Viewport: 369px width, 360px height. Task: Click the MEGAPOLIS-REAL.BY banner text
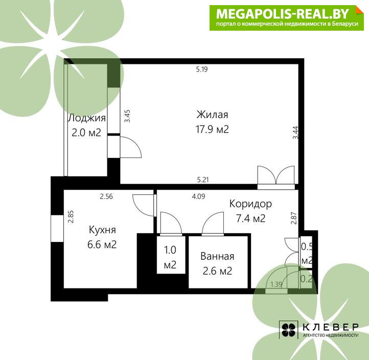click(x=282, y=14)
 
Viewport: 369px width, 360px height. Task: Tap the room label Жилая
click(x=212, y=115)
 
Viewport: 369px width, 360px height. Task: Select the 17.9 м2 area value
click(x=212, y=129)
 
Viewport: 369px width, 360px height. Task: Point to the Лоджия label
click(x=87, y=118)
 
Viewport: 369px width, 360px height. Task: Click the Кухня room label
click(x=102, y=230)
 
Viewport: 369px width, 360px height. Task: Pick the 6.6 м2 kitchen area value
click(x=102, y=244)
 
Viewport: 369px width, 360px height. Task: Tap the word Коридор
click(x=250, y=204)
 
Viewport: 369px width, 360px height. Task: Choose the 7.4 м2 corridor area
click(x=250, y=218)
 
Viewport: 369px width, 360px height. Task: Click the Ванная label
click(x=217, y=256)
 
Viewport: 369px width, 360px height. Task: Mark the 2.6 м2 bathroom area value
click(x=217, y=271)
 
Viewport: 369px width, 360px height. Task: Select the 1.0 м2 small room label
click(x=170, y=257)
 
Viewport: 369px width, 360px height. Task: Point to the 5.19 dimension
click(x=202, y=69)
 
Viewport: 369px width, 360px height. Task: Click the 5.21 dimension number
click(x=203, y=180)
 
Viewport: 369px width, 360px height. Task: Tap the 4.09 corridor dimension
click(x=198, y=196)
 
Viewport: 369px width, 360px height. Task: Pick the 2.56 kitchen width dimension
click(x=106, y=196)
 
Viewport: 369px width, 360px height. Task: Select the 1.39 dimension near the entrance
click(x=276, y=284)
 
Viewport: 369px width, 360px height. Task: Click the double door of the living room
click(x=276, y=175)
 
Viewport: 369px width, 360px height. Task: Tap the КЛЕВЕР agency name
click(x=330, y=327)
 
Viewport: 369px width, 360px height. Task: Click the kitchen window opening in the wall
click(x=57, y=229)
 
